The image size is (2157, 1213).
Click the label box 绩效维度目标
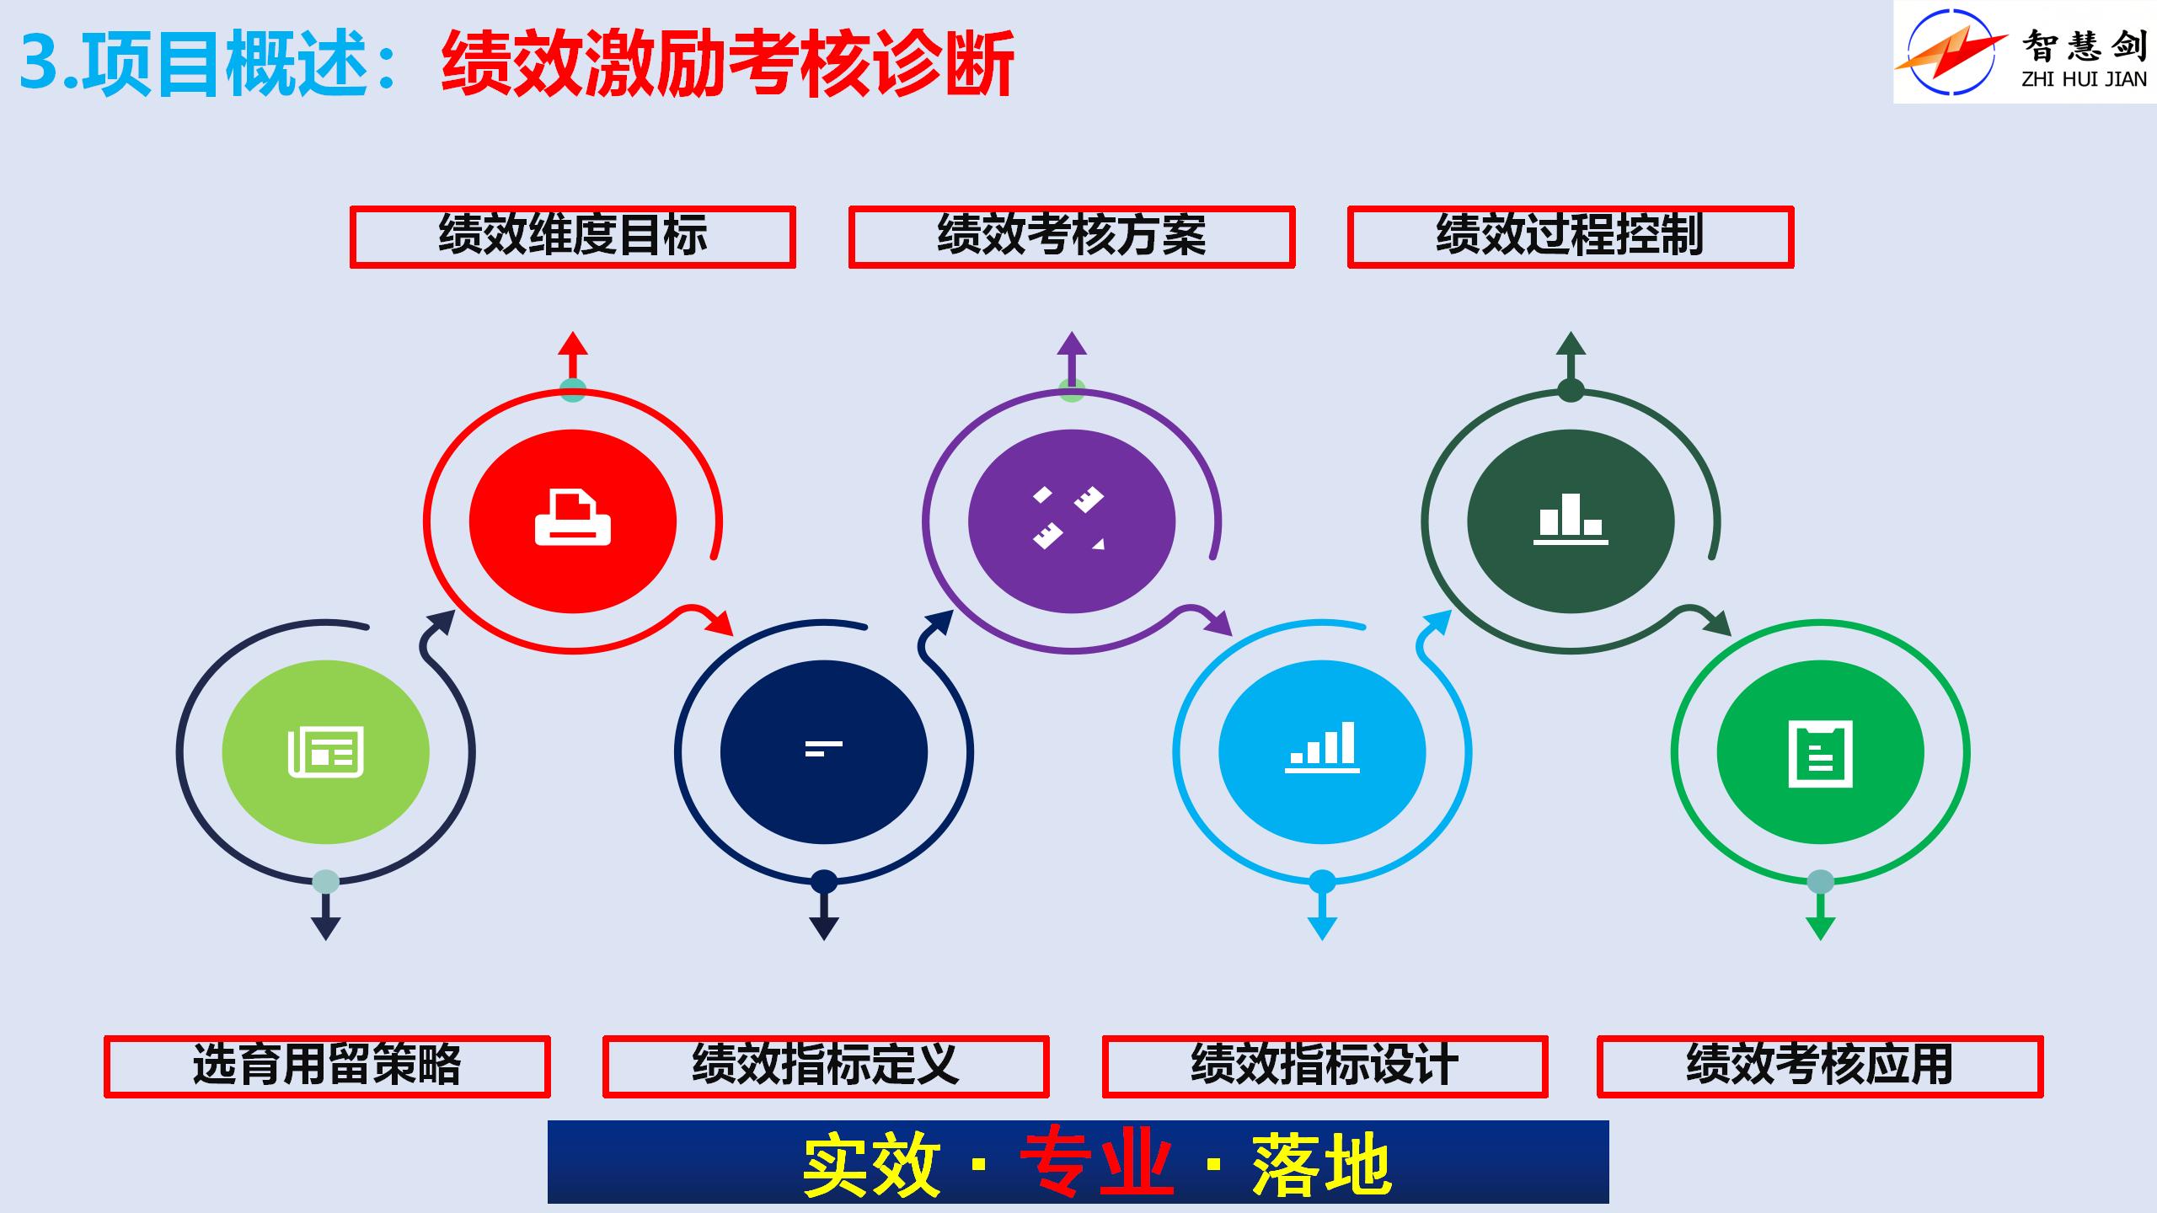pos(573,237)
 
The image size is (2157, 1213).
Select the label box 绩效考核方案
pos(1072,237)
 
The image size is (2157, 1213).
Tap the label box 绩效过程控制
pos(1571,237)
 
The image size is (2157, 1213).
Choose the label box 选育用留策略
pos(327,1066)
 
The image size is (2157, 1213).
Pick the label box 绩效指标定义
pos(826,1066)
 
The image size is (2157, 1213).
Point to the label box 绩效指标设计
pos(1325,1066)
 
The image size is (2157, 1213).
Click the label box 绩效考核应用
pos(1820,1066)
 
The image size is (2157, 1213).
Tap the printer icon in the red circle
pos(573,517)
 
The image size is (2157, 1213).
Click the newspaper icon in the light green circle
pos(326,751)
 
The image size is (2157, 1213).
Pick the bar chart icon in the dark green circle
pos(1571,518)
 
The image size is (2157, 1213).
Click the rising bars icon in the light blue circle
pos(1322,747)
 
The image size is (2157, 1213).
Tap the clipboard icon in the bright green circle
pos(1821,753)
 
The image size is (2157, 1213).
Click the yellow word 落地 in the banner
pos(1321,1164)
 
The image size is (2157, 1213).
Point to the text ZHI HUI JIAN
pos(2085,80)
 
